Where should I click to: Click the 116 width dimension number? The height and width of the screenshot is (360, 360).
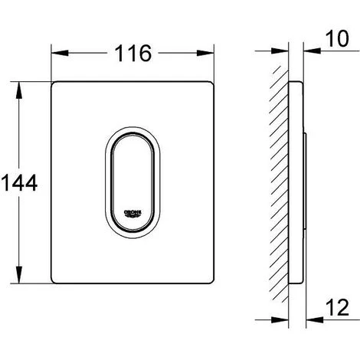133,53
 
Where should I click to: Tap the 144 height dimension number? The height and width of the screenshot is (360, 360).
19,183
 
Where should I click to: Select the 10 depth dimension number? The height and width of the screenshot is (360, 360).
337,38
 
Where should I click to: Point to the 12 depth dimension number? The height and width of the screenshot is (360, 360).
337,307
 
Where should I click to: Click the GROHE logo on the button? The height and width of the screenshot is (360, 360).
133,214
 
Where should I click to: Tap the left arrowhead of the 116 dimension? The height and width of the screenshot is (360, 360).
60,53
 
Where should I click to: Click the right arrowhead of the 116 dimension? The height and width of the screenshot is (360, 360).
205,53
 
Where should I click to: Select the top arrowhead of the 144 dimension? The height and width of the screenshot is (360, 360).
19,90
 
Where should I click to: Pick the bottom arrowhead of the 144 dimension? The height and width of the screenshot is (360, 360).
19,275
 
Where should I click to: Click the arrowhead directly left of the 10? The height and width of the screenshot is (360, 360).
312,51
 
